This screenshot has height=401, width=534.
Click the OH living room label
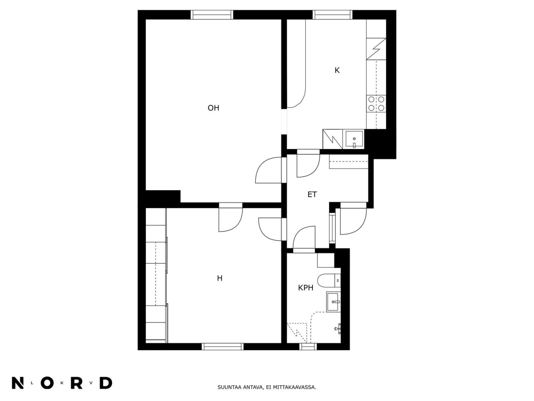click(213, 108)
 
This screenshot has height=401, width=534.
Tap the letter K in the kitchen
click(337, 70)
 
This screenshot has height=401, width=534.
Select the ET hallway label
click(312, 194)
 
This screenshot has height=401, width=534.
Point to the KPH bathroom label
click(306, 288)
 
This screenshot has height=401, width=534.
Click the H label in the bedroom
click(220, 278)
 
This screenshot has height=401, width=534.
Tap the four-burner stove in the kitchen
click(376, 103)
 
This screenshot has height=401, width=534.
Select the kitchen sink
click(353, 140)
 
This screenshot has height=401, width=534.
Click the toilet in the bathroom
click(330, 281)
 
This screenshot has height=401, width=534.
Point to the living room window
click(211, 14)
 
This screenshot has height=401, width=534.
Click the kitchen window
click(332, 14)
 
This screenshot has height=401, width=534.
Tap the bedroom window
click(222, 347)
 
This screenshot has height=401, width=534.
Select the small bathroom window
click(308, 347)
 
